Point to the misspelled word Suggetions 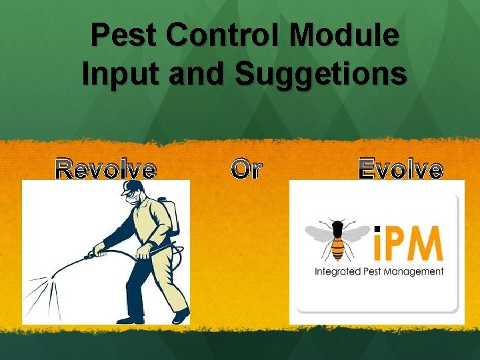(x=320, y=74)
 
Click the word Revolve (x=106, y=170)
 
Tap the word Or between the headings (x=247, y=170)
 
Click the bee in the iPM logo (x=337, y=240)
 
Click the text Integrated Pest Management (x=379, y=271)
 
